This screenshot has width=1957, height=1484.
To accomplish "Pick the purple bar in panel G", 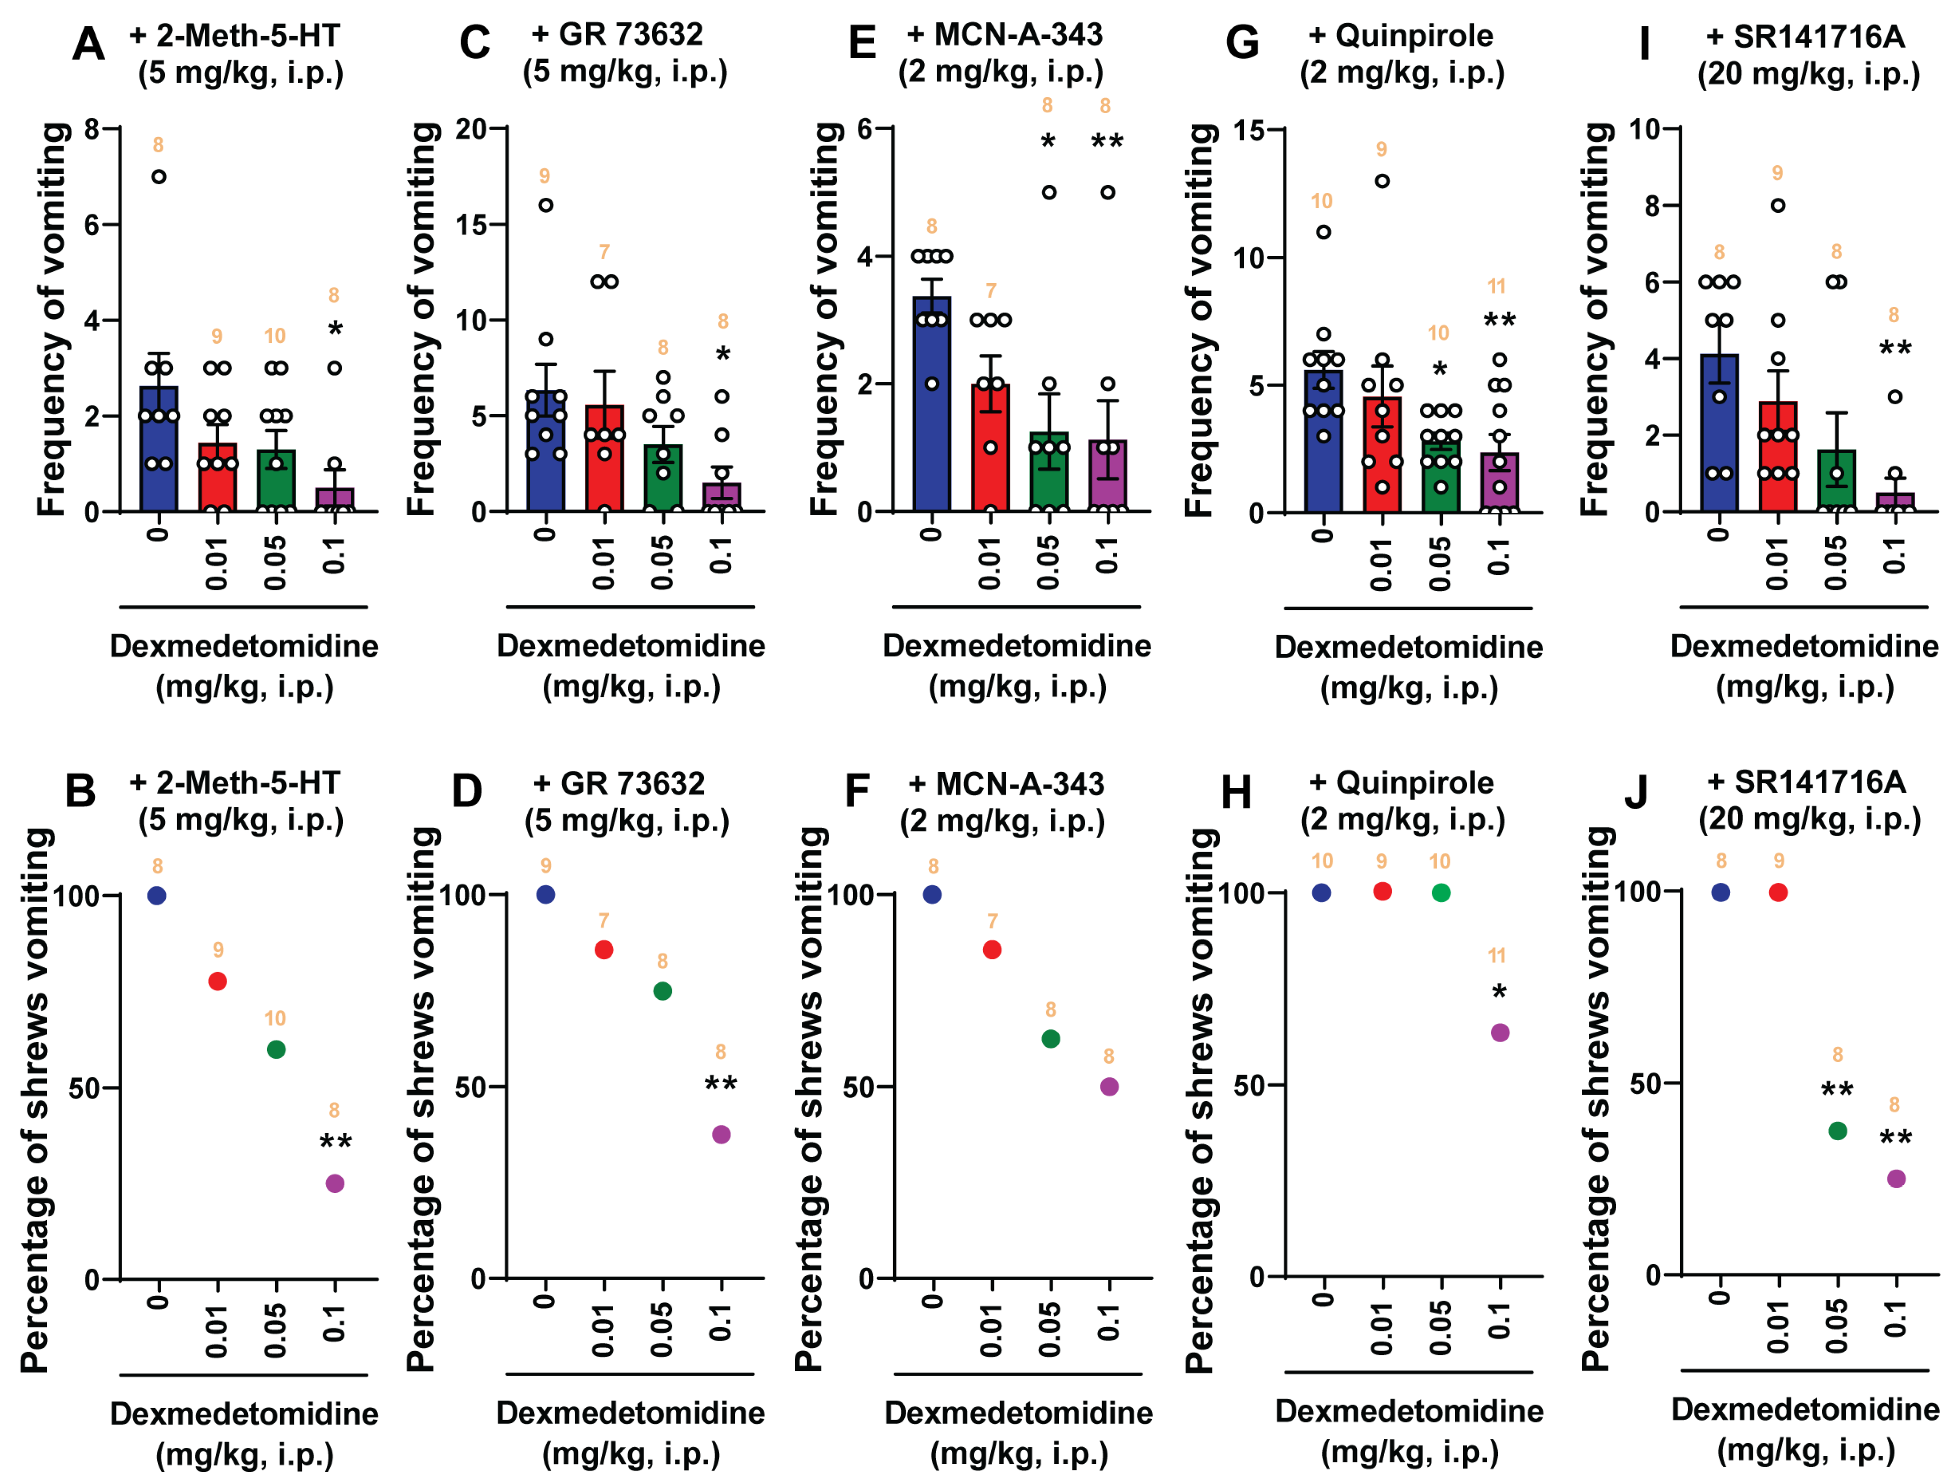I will [1500, 485].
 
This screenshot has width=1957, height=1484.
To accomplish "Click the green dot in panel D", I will [662, 991].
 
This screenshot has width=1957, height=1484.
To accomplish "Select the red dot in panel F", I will [992, 950].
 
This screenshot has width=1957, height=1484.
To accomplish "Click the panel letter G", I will [1242, 42].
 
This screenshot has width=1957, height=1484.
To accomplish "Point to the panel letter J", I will [1636, 790].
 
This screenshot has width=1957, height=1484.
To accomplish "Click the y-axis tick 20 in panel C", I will [471, 129].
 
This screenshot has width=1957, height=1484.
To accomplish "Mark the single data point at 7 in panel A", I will [158, 177].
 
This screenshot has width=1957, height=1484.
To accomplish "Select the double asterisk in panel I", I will [1894, 348].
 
